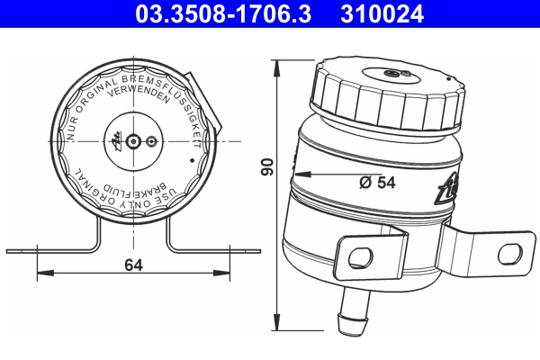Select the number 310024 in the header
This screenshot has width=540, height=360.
(x=379, y=13)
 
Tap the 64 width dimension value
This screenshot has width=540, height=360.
(x=134, y=265)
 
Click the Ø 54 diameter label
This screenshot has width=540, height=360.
(x=377, y=182)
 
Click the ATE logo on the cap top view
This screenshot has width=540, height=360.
(x=116, y=140)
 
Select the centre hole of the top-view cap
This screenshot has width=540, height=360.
(x=134, y=141)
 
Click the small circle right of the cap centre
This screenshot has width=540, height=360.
(x=151, y=141)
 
